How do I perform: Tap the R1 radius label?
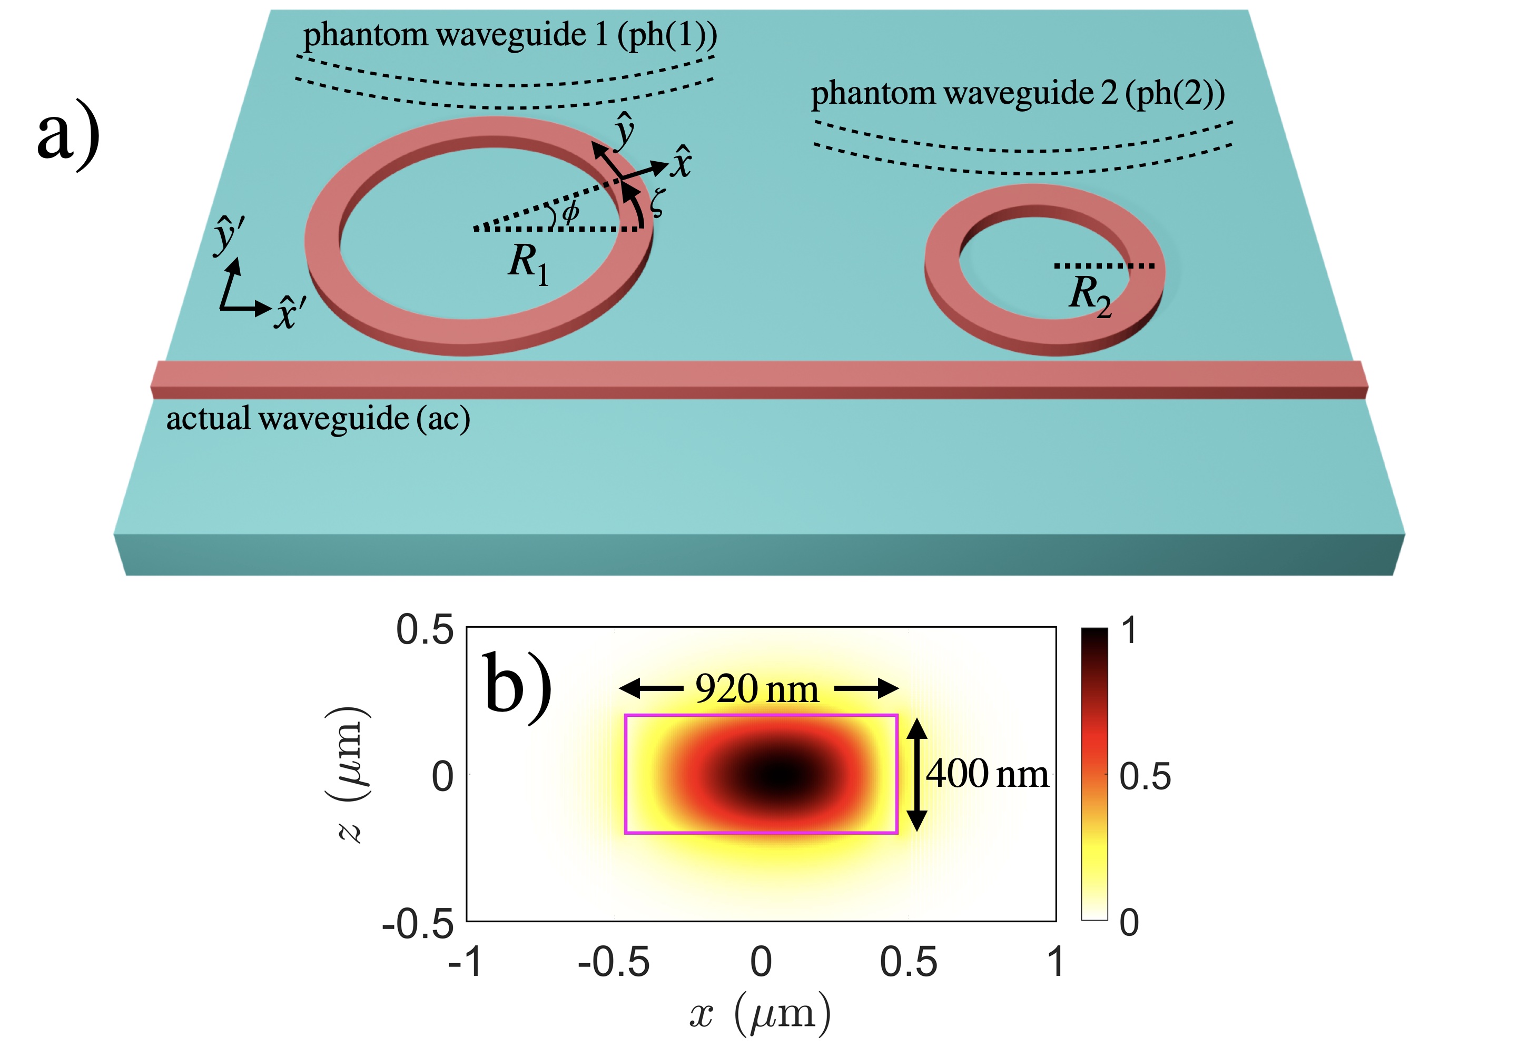pos(528,264)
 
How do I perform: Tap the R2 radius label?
pos(1089,296)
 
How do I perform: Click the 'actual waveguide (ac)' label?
pos(318,419)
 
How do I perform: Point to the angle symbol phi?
pos(570,211)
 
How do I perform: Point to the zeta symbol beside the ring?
pos(656,202)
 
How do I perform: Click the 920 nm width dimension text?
pos(757,689)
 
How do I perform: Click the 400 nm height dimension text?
pos(987,774)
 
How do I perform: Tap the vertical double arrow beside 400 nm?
pos(917,774)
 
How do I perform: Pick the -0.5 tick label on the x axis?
pos(613,962)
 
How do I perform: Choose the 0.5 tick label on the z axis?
pos(425,630)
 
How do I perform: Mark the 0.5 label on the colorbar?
pos(1145,777)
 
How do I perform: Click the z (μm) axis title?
pos(348,774)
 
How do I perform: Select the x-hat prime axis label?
pos(289,313)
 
